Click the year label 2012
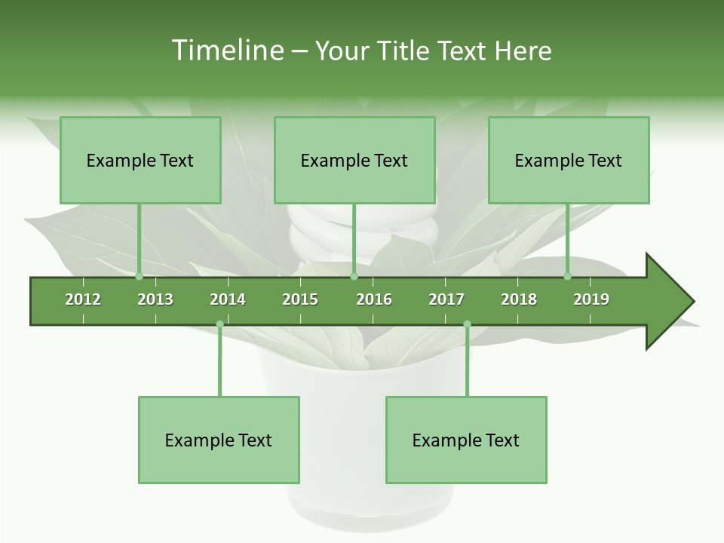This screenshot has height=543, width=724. point(83,299)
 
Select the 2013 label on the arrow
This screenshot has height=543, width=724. point(155,299)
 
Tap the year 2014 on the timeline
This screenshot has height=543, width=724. point(228,299)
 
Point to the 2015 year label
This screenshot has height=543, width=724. point(300,299)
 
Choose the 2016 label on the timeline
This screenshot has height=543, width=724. point(374,299)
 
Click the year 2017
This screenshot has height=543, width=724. point(446,299)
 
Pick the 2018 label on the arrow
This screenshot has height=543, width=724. point(519,299)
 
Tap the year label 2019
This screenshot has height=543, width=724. point(591,299)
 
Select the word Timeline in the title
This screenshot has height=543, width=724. point(225,51)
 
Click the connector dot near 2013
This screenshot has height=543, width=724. point(139,276)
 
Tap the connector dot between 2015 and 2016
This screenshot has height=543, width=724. point(354,276)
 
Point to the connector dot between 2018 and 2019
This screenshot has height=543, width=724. point(568,276)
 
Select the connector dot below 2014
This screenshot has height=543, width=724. point(219,324)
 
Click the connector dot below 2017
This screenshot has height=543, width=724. point(467,324)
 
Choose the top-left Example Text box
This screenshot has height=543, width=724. point(140,161)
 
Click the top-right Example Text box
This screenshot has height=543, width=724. point(569,161)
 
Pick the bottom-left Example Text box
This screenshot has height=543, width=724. point(219,440)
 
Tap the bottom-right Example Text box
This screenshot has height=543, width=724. point(466,440)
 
